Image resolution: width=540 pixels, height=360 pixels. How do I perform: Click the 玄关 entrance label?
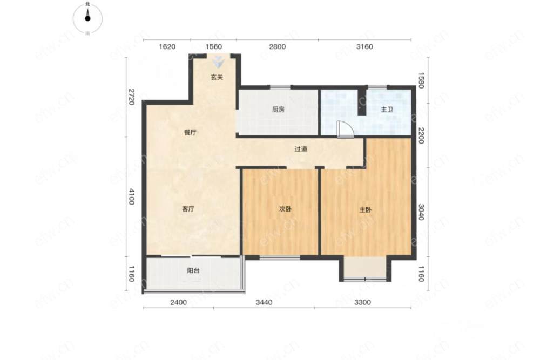[217, 77]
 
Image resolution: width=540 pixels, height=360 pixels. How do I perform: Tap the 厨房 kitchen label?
[278, 110]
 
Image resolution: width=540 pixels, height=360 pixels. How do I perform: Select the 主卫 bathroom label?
[387, 110]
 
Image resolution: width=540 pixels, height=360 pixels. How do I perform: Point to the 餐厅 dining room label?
[190, 132]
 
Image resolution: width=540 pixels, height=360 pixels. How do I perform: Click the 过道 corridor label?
[301, 149]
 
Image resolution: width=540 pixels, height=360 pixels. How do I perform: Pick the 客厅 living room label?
[188, 208]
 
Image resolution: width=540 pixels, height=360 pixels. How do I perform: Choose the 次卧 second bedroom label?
[285, 208]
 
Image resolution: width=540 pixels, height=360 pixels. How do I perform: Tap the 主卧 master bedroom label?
[366, 209]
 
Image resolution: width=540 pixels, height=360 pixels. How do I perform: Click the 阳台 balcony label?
[193, 270]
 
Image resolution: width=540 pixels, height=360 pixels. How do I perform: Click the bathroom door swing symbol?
[345, 130]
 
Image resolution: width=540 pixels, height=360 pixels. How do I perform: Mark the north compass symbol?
[87, 18]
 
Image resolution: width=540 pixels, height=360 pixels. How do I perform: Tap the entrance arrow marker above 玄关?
[218, 62]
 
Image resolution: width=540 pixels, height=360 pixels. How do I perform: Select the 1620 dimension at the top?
[167, 46]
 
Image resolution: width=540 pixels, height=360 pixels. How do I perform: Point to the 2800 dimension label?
[277, 46]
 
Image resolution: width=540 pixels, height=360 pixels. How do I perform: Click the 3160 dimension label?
[364, 46]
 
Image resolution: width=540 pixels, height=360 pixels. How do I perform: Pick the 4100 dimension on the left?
[131, 196]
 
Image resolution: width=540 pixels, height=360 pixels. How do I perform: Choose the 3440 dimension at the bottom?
[264, 302]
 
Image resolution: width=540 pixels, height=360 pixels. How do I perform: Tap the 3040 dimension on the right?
[421, 212]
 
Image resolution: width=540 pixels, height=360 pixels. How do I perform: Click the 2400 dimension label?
[178, 302]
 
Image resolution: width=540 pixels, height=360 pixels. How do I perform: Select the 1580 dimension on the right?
[421, 80]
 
